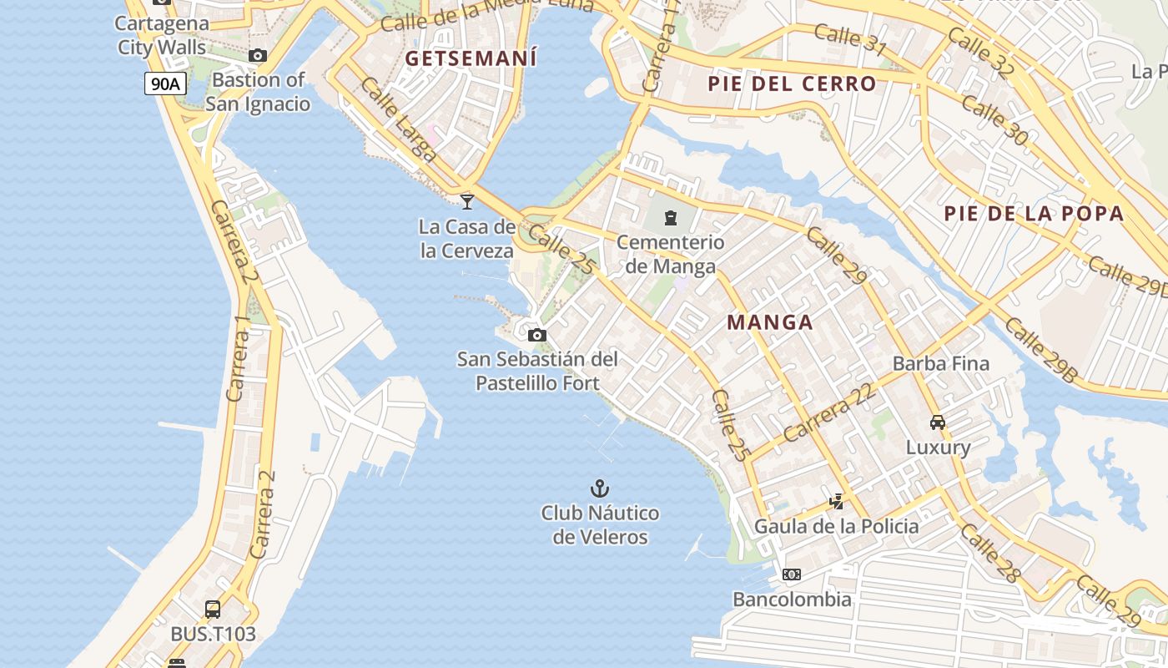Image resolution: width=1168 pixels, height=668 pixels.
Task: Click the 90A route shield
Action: point(165,83)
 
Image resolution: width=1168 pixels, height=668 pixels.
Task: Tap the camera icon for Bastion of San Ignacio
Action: point(258,56)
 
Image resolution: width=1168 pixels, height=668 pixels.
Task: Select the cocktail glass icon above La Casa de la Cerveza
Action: point(467,201)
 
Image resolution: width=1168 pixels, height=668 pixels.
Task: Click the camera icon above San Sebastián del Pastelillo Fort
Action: point(537,335)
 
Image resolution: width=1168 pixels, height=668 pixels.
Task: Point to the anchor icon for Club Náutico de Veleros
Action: point(599,488)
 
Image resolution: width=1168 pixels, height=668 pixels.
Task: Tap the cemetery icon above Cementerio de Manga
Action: point(670,218)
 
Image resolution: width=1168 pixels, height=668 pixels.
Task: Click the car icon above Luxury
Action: point(938,423)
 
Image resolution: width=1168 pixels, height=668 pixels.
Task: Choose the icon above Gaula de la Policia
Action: point(836,502)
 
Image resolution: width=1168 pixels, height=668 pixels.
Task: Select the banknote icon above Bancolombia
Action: point(792,574)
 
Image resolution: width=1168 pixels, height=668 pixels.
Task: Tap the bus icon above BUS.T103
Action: point(213,610)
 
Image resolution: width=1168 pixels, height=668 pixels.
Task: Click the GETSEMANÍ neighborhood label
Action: point(471,58)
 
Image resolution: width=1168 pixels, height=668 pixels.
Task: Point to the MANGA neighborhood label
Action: point(769,322)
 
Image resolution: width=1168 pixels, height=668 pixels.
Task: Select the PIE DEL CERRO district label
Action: point(792,83)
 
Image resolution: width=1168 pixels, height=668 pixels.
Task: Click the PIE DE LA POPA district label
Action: point(1034,213)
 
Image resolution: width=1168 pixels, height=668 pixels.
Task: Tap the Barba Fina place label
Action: point(940,363)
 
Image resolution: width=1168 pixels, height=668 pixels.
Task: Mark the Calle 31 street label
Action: point(849,39)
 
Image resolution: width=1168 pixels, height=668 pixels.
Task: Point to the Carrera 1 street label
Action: point(239,358)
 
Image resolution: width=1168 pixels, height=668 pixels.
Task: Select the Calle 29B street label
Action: point(1040,350)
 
